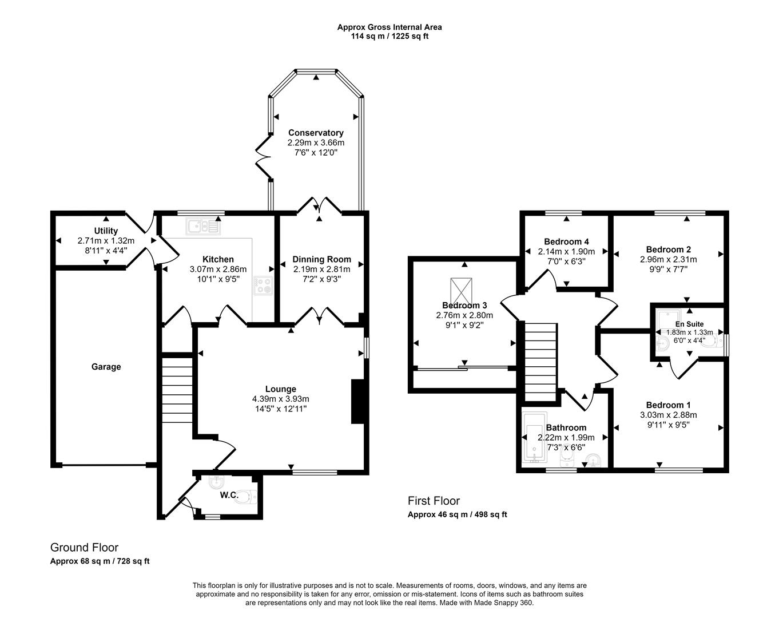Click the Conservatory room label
click(316, 133)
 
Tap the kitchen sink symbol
click(203, 227)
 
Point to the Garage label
click(106, 367)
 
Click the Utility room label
click(106, 231)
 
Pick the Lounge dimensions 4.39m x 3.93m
click(280, 399)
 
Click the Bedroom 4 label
click(566, 241)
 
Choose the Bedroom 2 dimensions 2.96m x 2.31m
click(668, 259)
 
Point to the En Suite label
click(689, 324)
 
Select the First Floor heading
click(434, 501)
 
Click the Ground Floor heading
click(84, 548)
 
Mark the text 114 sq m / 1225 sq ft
click(389, 36)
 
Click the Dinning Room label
click(321, 259)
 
